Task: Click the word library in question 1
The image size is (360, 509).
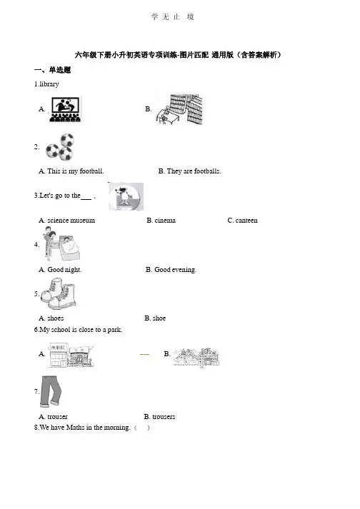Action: click(x=49, y=84)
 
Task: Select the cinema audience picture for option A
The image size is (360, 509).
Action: click(x=65, y=109)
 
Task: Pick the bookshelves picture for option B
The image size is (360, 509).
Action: click(x=179, y=109)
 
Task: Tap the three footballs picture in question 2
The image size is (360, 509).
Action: click(x=60, y=147)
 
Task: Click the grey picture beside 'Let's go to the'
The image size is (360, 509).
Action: click(x=126, y=196)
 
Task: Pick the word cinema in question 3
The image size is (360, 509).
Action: click(x=165, y=221)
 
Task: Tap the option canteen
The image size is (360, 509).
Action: click(x=246, y=221)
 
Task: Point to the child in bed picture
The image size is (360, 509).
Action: click(x=61, y=244)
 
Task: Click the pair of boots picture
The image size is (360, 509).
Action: click(x=59, y=295)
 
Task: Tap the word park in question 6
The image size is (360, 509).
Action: click(x=114, y=330)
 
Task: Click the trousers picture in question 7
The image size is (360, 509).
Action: click(x=51, y=392)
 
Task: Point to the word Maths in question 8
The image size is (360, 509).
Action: click(x=76, y=428)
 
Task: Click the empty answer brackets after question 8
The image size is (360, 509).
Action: click(x=142, y=428)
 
